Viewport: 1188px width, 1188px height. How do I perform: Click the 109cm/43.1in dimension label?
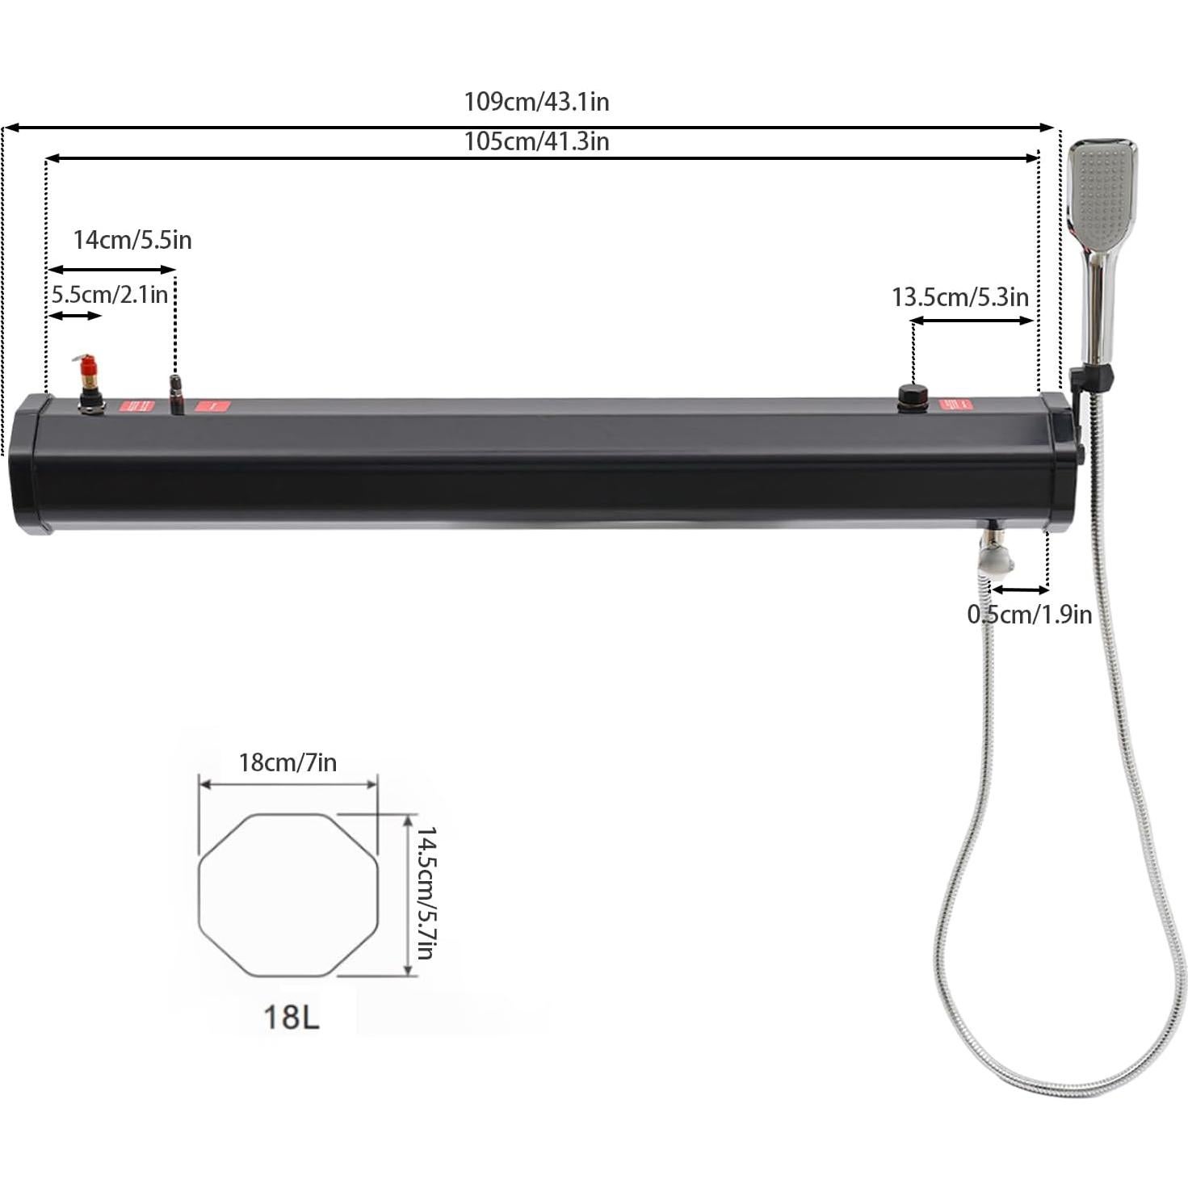536,102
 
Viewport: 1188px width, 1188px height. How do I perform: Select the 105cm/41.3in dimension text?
536,141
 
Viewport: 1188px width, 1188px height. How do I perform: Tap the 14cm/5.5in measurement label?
132,240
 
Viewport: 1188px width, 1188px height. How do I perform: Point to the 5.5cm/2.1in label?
110,294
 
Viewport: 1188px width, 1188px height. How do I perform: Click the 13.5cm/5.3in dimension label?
960,297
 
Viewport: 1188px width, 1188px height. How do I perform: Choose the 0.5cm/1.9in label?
1029,615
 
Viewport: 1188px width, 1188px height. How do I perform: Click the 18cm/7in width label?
288,762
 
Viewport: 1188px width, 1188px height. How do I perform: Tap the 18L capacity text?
292,1017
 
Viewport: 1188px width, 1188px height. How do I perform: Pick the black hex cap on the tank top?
913,397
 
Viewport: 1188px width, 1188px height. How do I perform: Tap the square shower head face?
1102,194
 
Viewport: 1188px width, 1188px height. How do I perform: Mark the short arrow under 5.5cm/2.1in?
74,316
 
